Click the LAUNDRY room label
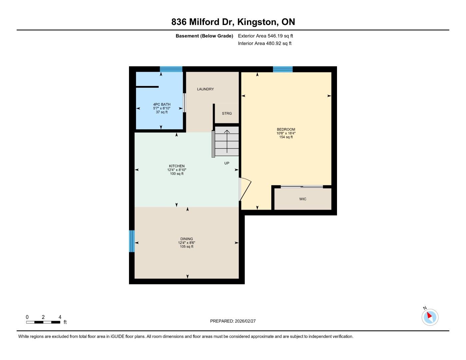pos(205,89)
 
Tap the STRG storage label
pos(227,113)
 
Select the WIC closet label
pos(303,199)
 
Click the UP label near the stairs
pos(227,163)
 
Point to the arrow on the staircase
pos(227,141)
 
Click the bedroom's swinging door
pos(245,189)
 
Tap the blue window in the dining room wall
pos(132,241)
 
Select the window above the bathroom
pos(171,69)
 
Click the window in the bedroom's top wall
pos(283,69)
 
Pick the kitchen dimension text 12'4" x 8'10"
pos(177,170)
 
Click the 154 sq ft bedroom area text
pos(286,137)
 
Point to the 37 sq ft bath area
pos(162,112)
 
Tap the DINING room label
pos(186,239)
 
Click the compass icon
pos(430,317)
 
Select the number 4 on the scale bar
pos(60,317)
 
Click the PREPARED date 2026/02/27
pos(245,321)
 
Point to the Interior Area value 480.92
pos(274,43)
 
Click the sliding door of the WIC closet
pos(302,187)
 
